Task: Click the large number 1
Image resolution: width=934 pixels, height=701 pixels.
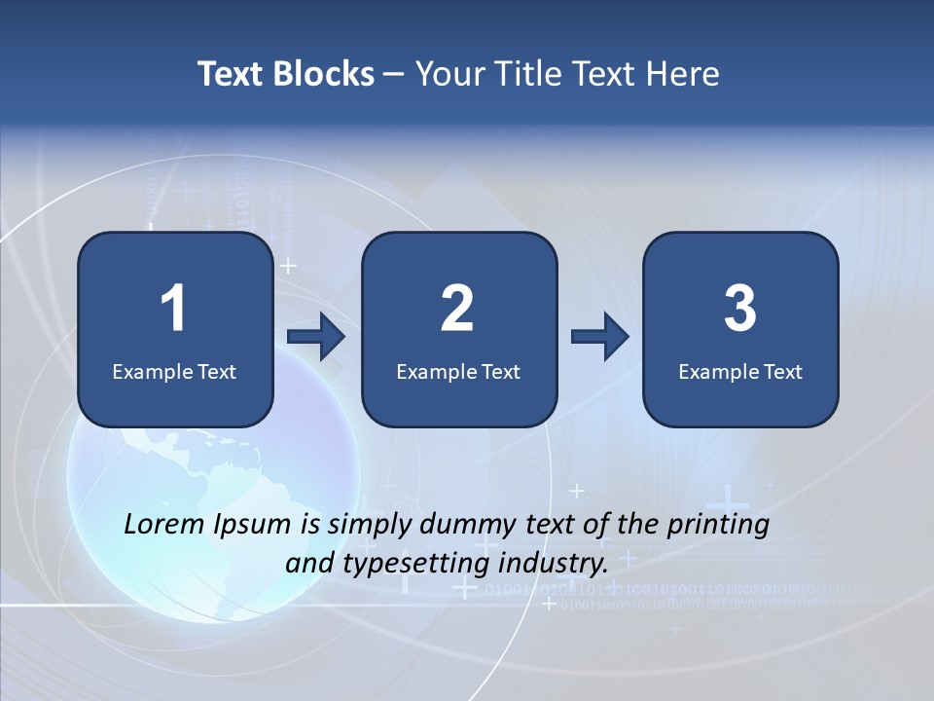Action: [173, 309]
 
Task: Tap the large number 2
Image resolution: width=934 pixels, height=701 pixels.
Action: [457, 309]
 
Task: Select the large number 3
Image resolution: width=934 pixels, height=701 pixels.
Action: [740, 309]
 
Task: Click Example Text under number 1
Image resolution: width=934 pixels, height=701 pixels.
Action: [174, 371]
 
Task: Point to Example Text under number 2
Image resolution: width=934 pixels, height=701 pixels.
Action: [458, 371]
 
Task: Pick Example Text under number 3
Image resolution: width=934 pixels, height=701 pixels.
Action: [740, 371]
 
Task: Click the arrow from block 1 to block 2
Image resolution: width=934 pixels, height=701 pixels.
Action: [317, 337]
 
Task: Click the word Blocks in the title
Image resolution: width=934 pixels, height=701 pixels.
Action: [324, 74]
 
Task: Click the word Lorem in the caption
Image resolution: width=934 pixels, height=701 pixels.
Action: [164, 525]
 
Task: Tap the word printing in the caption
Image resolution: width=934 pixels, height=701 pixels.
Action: [719, 526]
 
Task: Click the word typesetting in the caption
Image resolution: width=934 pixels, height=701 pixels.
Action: [416, 564]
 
